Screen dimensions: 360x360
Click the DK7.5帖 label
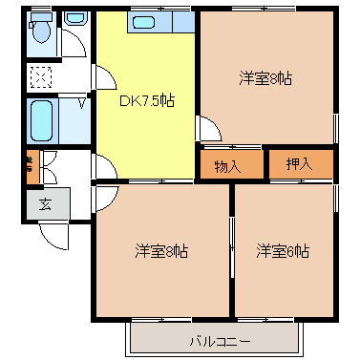145,99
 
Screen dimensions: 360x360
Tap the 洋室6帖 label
282,251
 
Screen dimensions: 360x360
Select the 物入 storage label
226,166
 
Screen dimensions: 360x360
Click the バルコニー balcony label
219,340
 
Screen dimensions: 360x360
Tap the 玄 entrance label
45,203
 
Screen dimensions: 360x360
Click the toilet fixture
41,32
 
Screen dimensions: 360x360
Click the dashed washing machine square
42,76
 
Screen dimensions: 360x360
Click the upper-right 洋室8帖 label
265,78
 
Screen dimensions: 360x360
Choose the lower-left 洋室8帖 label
159,251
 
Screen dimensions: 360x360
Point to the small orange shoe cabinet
31,168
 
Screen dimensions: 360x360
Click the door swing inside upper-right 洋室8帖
209,129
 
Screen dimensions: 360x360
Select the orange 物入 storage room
230,166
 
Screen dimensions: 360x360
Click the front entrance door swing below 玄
53,234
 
